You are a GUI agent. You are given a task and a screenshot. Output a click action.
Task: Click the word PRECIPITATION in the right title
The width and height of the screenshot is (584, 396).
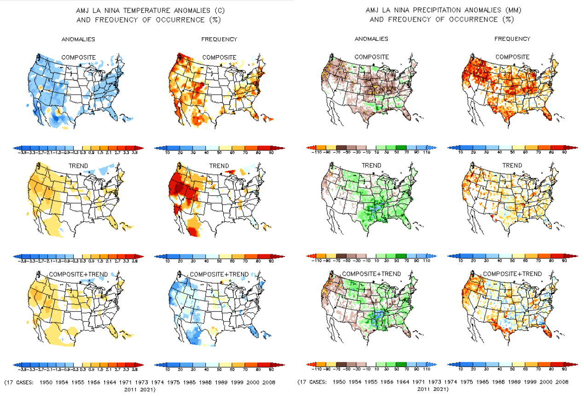[436, 10]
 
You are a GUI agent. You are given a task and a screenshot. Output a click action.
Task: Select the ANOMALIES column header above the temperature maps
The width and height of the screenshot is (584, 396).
[78, 40]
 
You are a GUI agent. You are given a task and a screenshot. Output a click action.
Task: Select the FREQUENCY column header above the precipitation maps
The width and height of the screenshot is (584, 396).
[512, 39]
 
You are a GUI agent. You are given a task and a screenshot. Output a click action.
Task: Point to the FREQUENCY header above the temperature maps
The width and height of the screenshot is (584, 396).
[219, 40]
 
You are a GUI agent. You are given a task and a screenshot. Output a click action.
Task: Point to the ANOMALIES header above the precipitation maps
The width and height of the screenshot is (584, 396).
[371, 39]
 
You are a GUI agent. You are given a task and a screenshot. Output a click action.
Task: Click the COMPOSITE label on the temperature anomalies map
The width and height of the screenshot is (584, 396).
[79, 57]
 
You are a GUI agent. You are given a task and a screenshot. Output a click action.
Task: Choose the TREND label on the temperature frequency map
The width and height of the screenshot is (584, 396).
[219, 166]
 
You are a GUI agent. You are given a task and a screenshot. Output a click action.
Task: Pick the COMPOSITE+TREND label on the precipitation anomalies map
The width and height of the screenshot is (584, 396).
[371, 274]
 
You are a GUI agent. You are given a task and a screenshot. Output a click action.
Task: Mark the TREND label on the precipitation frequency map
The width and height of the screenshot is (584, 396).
[512, 166]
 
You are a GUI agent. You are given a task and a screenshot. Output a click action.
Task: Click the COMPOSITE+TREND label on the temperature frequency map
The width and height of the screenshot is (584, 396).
[219, 274]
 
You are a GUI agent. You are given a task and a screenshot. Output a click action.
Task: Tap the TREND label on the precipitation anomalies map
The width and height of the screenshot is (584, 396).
[371, 166]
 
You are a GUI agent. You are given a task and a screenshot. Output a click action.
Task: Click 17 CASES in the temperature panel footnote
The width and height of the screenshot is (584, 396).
[20, 382]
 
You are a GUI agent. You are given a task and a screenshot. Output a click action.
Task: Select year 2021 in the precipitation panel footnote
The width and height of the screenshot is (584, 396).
[439, 389]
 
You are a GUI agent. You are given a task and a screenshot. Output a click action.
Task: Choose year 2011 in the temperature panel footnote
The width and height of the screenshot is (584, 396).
[132, 389]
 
